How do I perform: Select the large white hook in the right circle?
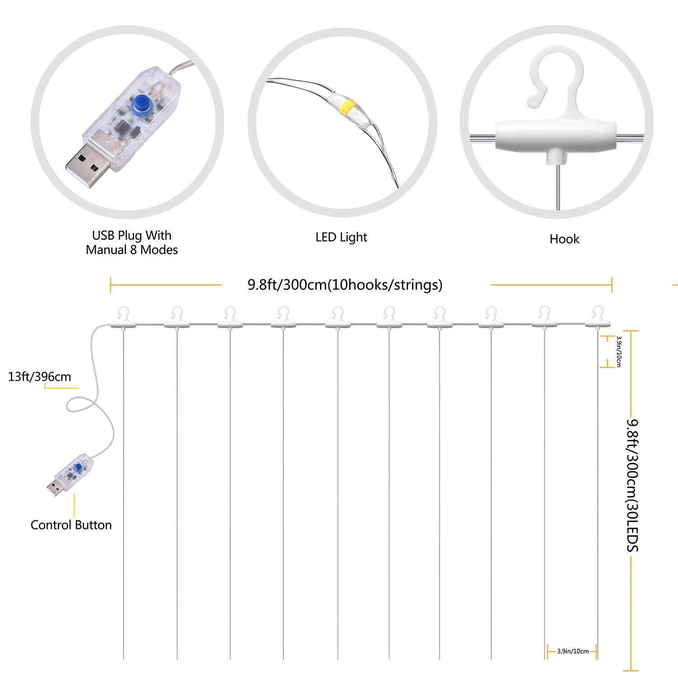click(556, 81)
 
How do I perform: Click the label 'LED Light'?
click(341, 237)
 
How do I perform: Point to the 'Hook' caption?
click(564, 239)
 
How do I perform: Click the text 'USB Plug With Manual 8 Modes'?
click(132, 242)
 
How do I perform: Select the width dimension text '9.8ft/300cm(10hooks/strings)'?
click(345, 285)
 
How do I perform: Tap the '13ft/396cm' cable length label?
click(39, 377)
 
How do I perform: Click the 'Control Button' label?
click(71, 525)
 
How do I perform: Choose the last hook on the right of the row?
click(598, 317)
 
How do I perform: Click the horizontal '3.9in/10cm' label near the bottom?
click(573, 651)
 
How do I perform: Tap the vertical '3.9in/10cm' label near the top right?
click(619, 351)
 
